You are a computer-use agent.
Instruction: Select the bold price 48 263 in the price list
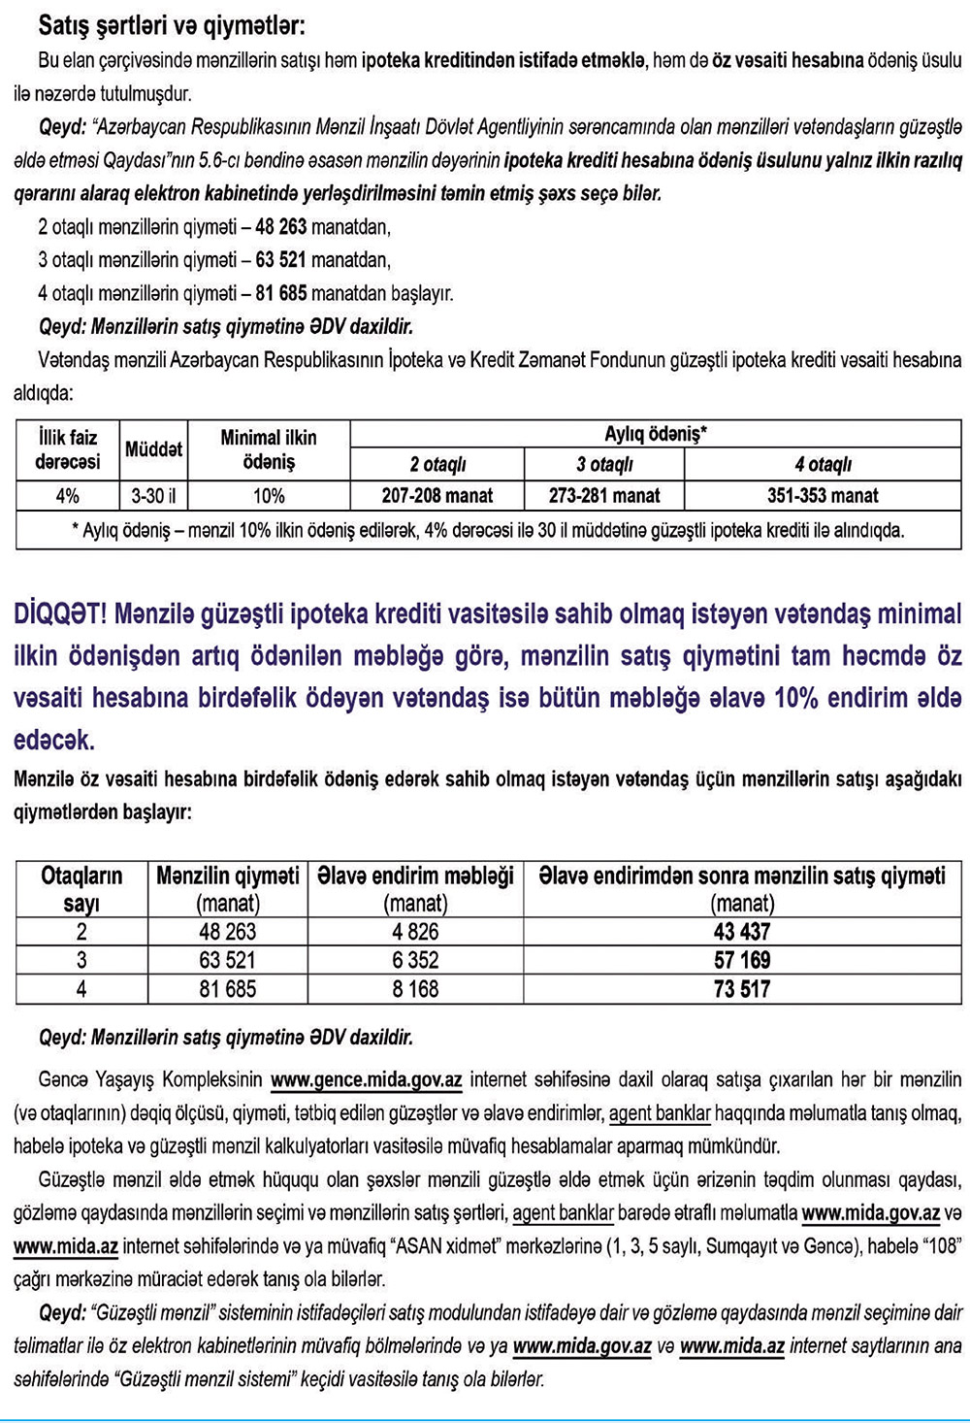pos(281,227)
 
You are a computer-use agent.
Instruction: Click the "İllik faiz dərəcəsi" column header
pos(67,449)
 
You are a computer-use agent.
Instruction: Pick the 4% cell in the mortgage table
pos(67,496)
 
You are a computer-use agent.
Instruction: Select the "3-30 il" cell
pos(153,496)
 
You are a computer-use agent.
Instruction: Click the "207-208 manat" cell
pos(436,496)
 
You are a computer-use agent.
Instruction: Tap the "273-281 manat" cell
pos(604,496)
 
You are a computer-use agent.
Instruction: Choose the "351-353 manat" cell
pos(823,496)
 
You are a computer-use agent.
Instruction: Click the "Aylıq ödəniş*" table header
pos(656,434)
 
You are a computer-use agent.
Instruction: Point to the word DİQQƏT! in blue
pos(59,614)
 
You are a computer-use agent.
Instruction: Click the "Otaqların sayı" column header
pos(81,889)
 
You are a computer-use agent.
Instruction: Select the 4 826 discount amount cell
pos(415,932)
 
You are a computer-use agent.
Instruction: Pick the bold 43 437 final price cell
pos(742,932)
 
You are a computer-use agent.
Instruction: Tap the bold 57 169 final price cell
pos(742,961)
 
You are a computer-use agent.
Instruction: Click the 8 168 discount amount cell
pos(415,989)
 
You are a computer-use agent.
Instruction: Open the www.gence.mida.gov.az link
pos(366,1079)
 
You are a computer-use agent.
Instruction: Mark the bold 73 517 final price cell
pos(742,989)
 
